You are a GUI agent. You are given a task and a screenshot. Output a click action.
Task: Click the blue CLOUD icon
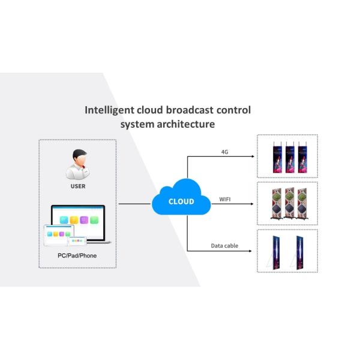pyautogui.click(x=181, y=200)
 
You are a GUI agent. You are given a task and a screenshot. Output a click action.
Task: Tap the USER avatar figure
pyautogui.click(x=77, y=164)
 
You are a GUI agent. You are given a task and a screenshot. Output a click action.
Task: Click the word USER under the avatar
pyautogui.click(x=77, y=187)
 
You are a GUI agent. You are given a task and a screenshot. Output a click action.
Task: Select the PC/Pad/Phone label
pyautogui.click(x=77, y=256)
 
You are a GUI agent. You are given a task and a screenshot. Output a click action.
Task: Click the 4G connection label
pyautogui.click(x=225, y=152)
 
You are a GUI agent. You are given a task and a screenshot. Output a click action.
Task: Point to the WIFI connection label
pyautogui.click(x=226, y=198)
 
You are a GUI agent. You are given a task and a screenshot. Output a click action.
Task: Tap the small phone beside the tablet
pyautogui.click(x=76, y=241)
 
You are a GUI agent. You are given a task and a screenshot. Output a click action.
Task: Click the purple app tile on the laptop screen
pyautogui.click(x=85, y=220)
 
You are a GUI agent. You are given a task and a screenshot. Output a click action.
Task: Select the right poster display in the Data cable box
pyautogui.click(x=298, y=251)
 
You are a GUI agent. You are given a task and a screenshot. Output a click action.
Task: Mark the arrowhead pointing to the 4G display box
pyautogui.click(x=253, y=157)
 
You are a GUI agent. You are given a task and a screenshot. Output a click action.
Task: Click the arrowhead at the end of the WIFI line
pyautogui.click(x=253, y=204)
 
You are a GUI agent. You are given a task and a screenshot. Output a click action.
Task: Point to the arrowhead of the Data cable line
pyautogui.click(x=253, y=251)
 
